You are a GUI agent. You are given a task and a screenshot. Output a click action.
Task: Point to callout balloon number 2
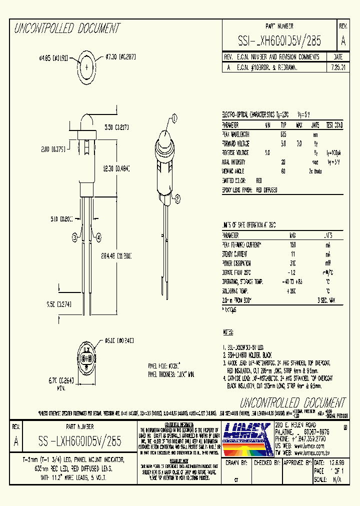177,200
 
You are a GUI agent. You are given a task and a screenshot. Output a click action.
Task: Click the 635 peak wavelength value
283,134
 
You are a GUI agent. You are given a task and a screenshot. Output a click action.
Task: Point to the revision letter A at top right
343,40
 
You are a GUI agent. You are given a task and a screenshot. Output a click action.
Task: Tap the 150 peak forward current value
292,244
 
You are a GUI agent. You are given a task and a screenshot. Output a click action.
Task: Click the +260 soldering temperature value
292,290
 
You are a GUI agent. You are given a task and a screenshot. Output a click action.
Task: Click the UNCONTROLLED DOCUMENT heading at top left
66,28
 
